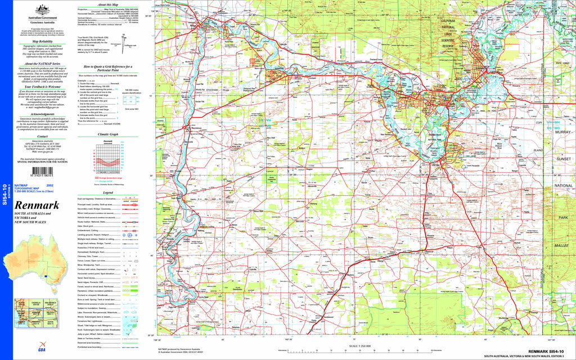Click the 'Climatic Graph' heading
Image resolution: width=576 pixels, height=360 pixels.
pyautogui.click(x=108, y=134)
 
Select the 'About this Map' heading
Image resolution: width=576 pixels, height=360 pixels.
pyautogui.click(x=108, y=4)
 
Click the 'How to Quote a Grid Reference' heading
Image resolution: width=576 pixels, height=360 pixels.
pyautogui.click(x=108, y=66)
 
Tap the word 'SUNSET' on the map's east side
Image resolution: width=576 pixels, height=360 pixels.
pyautogui.click(x=563, y=160)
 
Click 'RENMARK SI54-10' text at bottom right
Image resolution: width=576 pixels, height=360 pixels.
pyautogui.click(x=543, y=352)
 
